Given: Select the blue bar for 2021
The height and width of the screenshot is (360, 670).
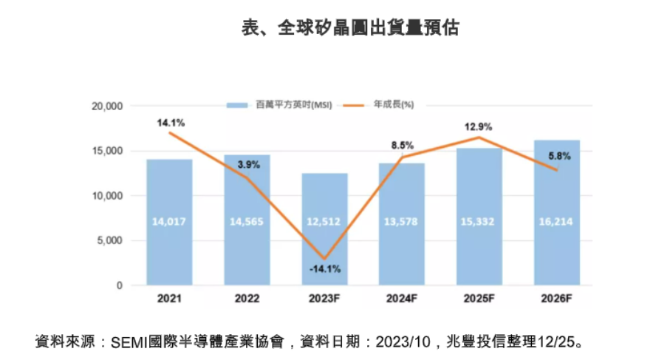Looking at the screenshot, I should point(169,222).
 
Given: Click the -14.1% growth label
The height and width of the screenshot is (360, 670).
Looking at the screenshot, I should point(325,269).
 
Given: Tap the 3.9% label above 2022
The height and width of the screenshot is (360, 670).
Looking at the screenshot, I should point(248,165).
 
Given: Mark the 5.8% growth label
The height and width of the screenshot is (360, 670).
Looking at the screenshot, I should point(558,156).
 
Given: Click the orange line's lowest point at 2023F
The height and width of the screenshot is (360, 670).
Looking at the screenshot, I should point(324,257).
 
